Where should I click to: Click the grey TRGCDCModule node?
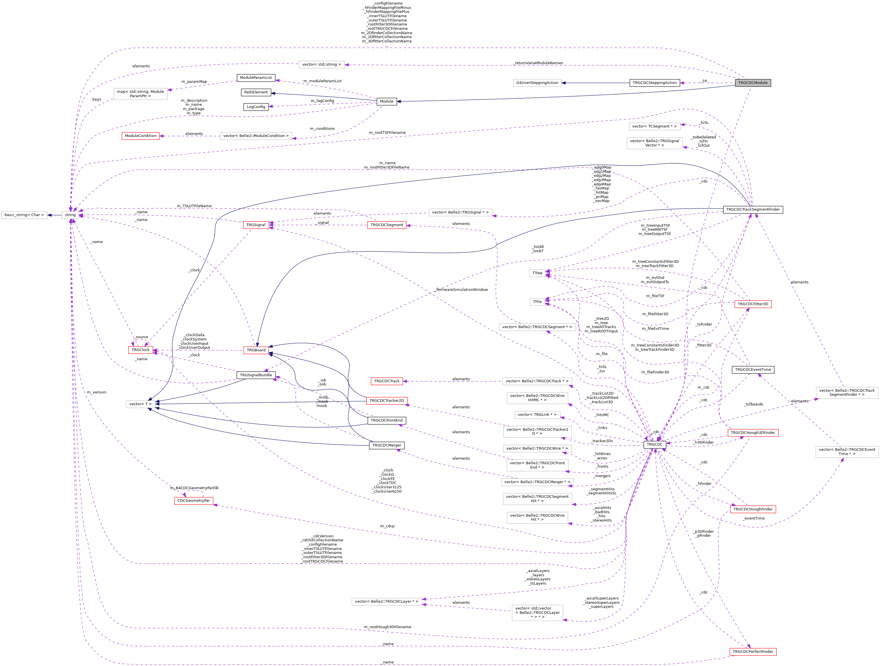753,83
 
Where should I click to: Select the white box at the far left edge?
24,215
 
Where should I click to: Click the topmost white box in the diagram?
321,65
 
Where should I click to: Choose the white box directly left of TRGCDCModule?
537,83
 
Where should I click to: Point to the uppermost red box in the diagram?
141,136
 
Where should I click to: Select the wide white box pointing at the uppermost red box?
256,136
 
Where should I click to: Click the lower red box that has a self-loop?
194,501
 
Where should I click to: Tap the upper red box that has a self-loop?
141,350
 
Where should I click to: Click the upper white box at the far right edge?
847,393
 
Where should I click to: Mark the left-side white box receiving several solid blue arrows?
141,404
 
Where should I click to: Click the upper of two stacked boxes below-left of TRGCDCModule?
654,126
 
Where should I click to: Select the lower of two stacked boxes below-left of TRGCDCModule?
654,143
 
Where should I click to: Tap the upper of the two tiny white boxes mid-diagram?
537,273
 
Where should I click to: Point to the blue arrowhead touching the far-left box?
50,215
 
